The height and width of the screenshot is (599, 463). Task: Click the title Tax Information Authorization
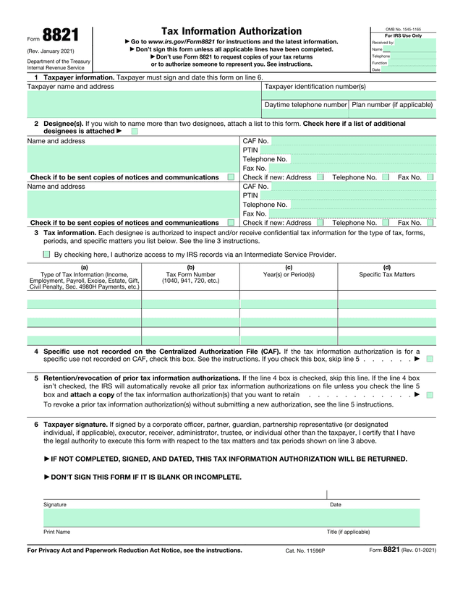click(x=231, y=31)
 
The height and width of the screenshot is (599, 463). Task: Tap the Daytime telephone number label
click(x=306, y=105)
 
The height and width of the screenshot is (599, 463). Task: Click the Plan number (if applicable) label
click(x=392, y=105)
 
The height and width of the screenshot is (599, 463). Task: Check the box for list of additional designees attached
click(x=135, y=132)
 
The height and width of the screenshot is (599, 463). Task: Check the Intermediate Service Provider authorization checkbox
click(x=46, y=255)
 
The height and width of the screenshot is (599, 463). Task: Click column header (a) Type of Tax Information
click(x=84, y=277)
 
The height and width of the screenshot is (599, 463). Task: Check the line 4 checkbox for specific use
click(x=430, y=359)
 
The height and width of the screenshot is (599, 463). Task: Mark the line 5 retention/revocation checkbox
click(x=430, y=395)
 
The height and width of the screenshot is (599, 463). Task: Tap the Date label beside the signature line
click(x=335, y=504)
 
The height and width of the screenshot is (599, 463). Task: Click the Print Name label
click(x=56, y=532)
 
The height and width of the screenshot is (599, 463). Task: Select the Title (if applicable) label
click(x=348, y=532)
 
